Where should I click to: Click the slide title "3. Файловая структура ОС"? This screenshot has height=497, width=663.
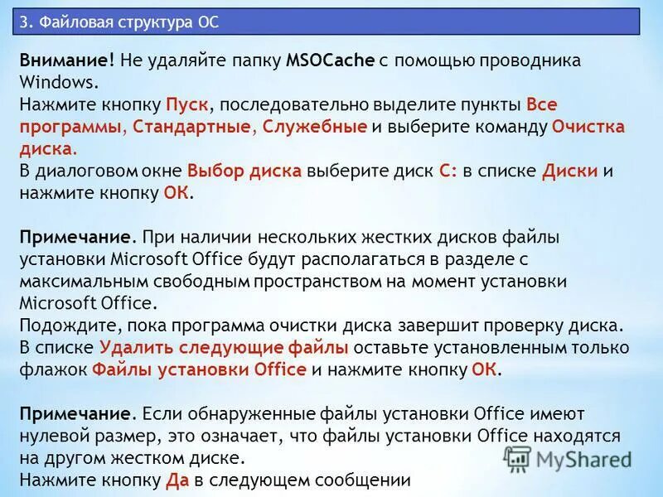(119, 22)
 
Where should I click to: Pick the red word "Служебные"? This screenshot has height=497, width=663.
(315, 128)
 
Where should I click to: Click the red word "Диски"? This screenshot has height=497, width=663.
(570, 171)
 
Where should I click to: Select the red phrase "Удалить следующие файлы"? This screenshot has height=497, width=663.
(224, 347)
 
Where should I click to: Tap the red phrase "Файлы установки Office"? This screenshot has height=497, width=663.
(199, 369)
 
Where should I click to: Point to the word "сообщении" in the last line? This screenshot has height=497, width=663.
(368, 479)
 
